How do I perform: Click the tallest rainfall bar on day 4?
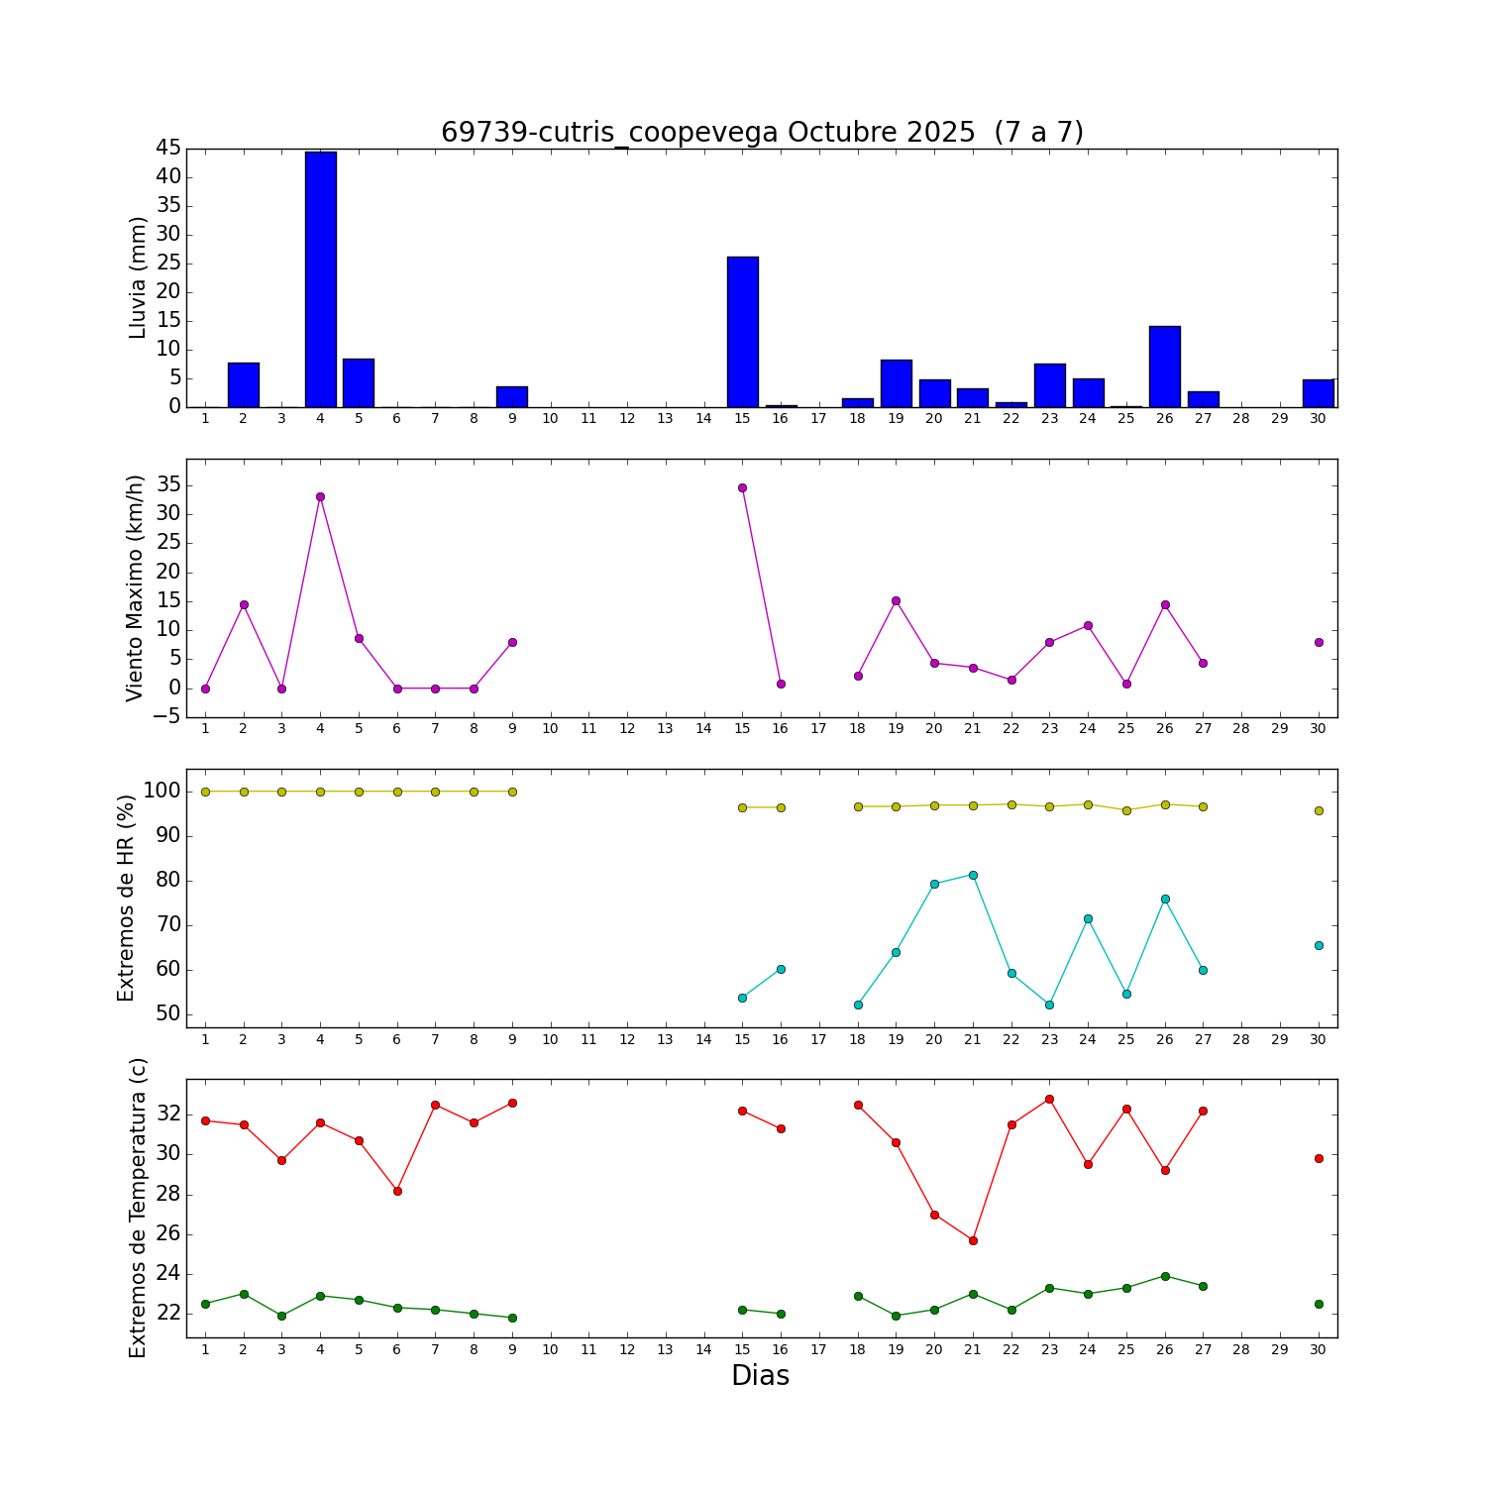pos(320,279)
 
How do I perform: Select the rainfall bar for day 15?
pos(742,332)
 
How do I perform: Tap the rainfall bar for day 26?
pos(1164,367)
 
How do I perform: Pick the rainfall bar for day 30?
pos(1318,393)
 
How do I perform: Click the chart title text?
pos(761,132)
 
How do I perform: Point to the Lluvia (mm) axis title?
pos(138,277)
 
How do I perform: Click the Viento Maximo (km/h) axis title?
pos(135,587)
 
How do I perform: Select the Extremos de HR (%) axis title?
pos(126,898)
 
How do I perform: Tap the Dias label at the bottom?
pos(760,1375)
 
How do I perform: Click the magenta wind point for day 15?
pos(742,487)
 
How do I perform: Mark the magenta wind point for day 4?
pos(320,496)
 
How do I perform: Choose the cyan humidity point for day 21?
pos(973,875)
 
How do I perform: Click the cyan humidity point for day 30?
pos(1319,945)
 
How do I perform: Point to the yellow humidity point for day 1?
pos(205,792)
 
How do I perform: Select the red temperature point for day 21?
pos(973,1240)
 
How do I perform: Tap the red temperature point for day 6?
pos(397,1191)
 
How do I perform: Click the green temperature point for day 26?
pos(1165,1276)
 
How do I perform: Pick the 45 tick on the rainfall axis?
pos(167,148)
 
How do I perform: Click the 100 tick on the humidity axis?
pos(161,791)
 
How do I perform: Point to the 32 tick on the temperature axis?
pos(167,1114)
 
